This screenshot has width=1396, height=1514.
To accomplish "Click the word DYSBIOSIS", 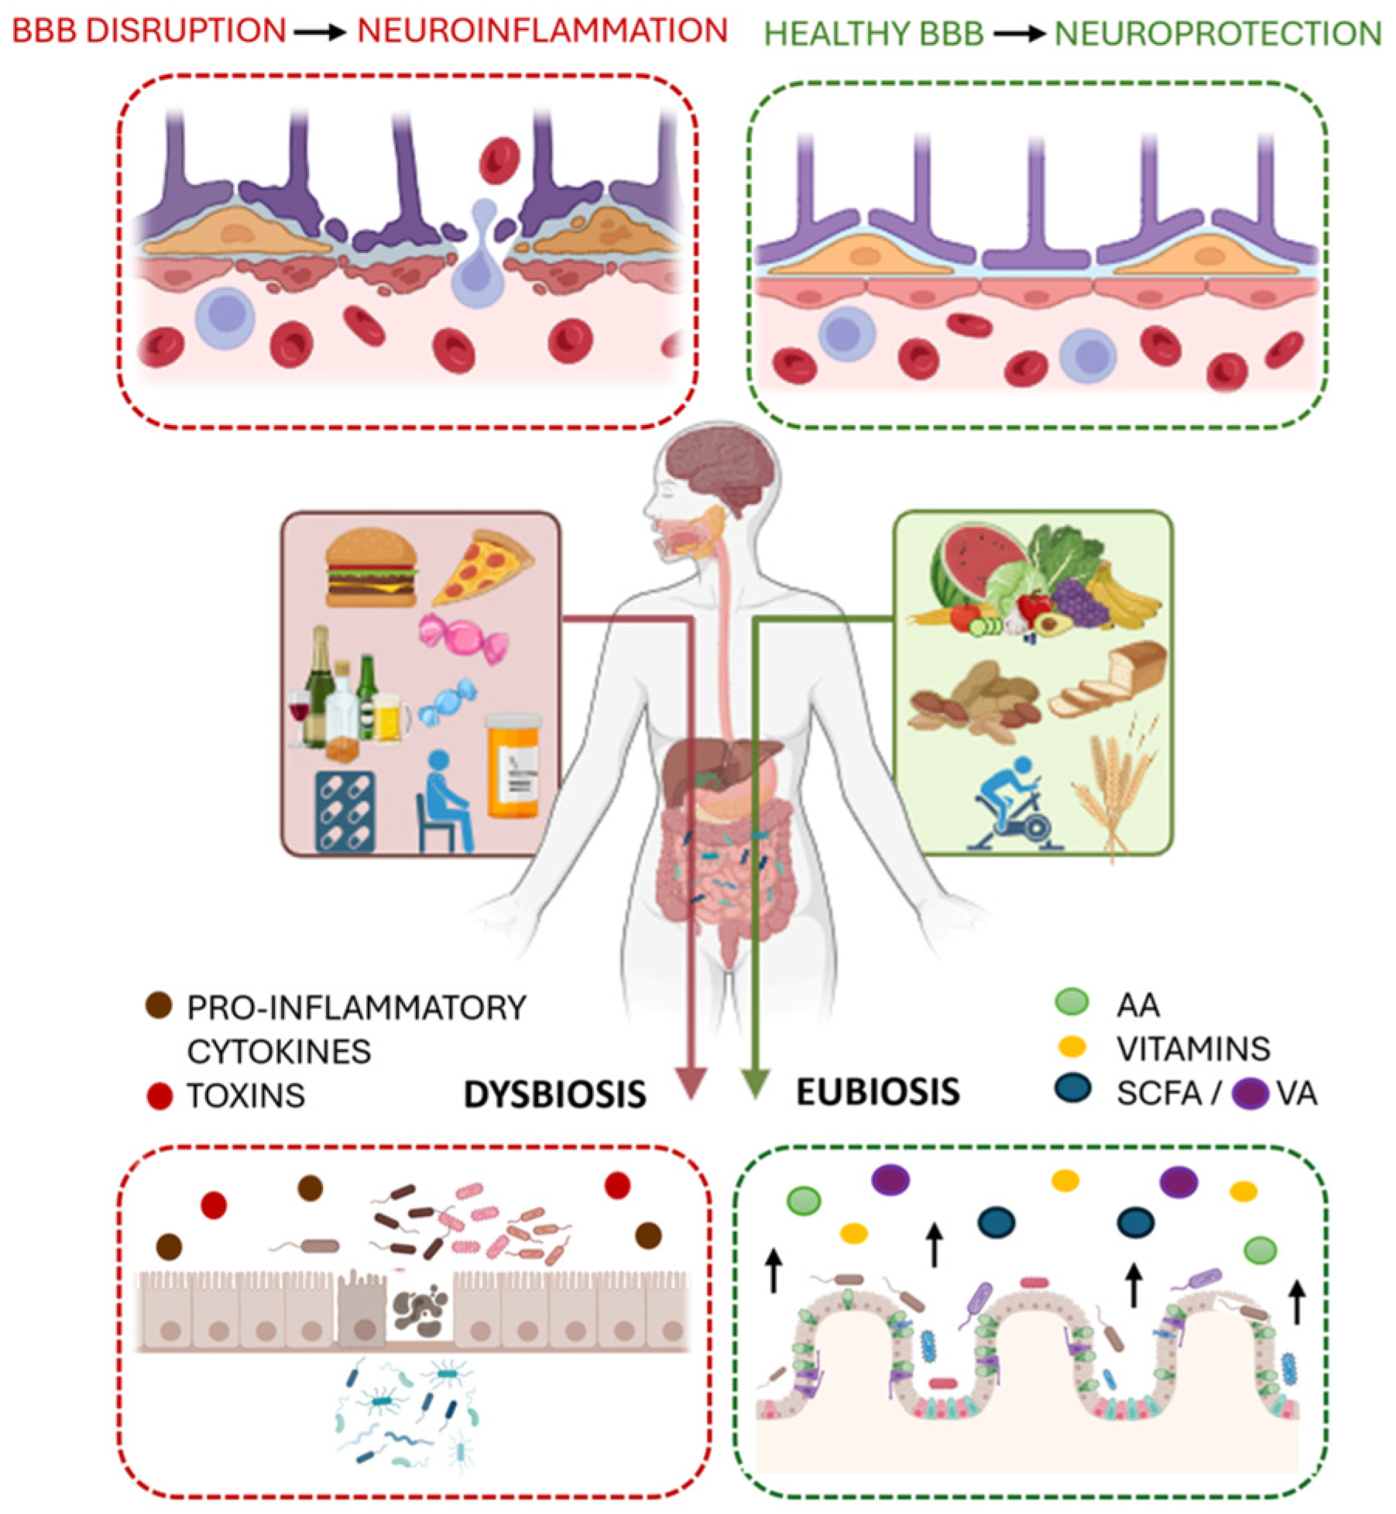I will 554,1094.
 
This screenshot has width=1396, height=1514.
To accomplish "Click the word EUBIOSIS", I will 878,1092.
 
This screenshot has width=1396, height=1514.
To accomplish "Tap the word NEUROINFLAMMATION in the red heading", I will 542,31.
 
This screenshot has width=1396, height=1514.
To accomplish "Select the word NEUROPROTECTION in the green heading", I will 1218,34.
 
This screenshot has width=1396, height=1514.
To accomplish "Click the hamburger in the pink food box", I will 371,570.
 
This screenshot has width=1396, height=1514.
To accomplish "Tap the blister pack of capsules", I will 345,811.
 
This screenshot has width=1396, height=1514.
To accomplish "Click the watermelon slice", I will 972,563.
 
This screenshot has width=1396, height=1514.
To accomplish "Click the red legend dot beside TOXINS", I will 159,1096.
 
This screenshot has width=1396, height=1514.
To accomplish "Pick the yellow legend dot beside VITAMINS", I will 1072,1046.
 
